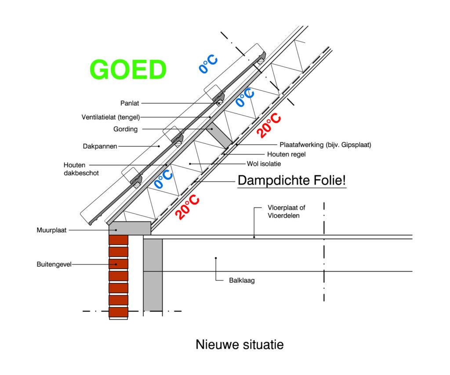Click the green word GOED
tap(128, 70)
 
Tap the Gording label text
tap(125, 129)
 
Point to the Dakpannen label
tap(100, 146)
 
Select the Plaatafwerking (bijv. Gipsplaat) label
tap(325, 145)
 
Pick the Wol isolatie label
tap(264, 164)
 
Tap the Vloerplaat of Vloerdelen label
tap(290, 211)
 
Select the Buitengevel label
tap(54, 264)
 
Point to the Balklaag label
tap(242, 280)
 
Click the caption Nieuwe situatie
tap(240, 344)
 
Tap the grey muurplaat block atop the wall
tap(130, 228)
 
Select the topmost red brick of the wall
tap(118, 240)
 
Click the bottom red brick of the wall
tap(118, 312)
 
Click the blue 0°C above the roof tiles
tap(208, 64)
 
